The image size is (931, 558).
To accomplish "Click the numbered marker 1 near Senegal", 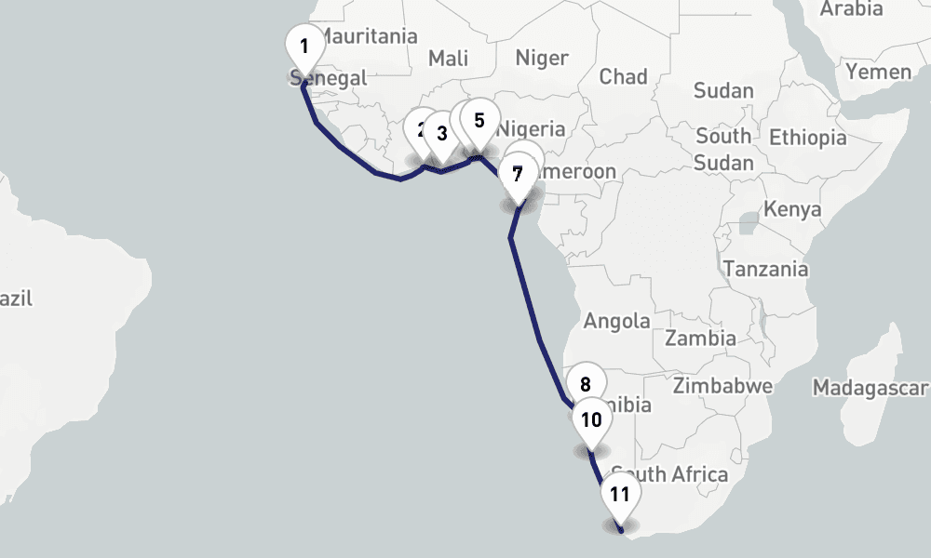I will pos(304,46).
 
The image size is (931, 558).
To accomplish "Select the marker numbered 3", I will pos(441,134).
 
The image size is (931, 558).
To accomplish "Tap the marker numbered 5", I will pos(479,121).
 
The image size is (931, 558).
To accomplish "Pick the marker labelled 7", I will pos(518,173).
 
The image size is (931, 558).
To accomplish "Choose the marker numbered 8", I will pos(586,385).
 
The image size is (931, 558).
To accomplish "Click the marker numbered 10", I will pos(591,419).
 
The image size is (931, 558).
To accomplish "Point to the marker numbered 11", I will pos(620,495).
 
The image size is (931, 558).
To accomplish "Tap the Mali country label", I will pos(448,59).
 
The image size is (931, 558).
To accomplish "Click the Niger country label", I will pos(542,59).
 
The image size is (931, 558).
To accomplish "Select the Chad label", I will pos(623,76).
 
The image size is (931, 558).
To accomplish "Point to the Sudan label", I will pos(723,90).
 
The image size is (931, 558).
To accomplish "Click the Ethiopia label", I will pos(808,138).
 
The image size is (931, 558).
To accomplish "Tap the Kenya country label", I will pos(792,208).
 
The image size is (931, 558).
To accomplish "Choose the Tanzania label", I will pos(766,270).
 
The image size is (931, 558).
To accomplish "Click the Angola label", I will pos(616,322).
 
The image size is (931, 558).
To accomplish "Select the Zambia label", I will pos(700,338).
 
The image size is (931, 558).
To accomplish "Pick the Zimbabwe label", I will pos(723,385).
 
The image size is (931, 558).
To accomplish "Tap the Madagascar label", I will pos(870,387).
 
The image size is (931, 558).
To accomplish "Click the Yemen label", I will pos(879,72).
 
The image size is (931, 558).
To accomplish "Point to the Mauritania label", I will pos(369,37).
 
